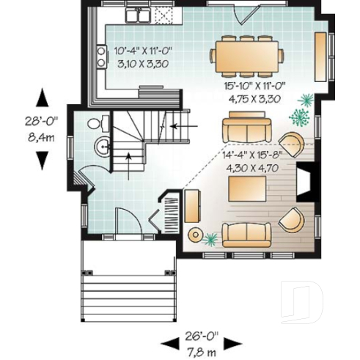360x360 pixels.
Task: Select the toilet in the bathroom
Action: click(95, 124)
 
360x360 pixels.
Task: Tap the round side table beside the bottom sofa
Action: click(196, 234)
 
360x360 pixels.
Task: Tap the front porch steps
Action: click(129, 289)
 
